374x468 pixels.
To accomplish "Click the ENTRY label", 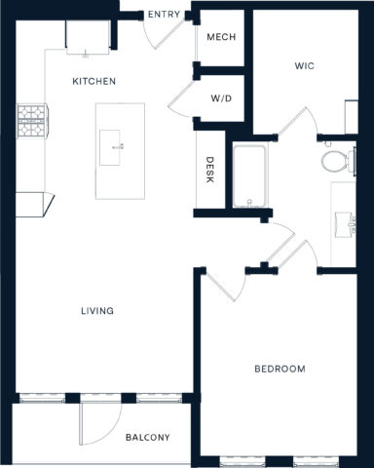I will pos(162,15).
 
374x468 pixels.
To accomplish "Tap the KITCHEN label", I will pos(94,82).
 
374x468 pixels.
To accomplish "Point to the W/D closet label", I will pos(220,99).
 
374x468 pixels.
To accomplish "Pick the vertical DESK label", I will pos(208,171).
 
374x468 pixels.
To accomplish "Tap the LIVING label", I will pos(97,311).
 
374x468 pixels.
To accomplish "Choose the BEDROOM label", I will pos(280,369).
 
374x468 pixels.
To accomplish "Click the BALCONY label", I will pos(147,437).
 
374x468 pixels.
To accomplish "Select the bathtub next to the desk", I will pos(250,176).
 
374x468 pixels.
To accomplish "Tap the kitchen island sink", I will pos(119,148).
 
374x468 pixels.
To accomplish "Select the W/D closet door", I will pos(183,97).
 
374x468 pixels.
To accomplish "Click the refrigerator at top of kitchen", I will pos(87,36).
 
